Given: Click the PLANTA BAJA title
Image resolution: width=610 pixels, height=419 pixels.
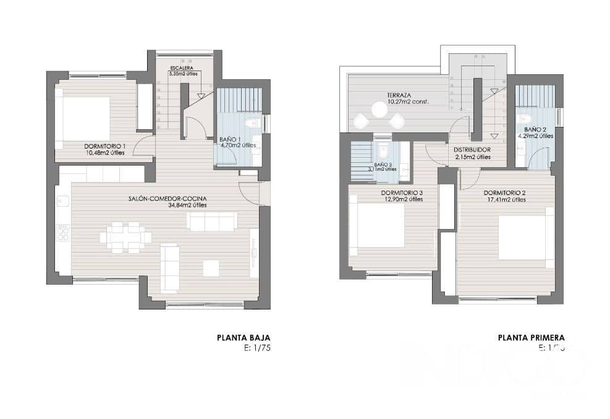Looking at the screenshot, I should click(x=243, y=337).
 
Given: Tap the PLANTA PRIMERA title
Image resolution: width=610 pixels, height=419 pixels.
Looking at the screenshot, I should click(x=531, y=337).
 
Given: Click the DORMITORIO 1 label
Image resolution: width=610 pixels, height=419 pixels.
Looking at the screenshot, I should click(x=104, y=146).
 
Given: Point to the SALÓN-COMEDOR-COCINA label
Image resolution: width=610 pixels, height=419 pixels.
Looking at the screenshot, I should click(x=167, y=199).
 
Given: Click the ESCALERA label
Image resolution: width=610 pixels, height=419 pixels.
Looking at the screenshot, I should click(x=183, y=67).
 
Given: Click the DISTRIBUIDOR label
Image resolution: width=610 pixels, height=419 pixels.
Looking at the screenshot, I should click(x=472, y=150).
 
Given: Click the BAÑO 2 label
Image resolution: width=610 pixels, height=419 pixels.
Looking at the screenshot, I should click(x=527, y=130).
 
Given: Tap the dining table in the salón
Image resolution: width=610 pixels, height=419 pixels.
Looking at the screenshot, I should click(x=125, y=237).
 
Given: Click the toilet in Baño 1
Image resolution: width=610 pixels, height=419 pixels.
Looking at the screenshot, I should click(x=252, y=124).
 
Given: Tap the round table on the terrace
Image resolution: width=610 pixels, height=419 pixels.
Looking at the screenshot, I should click(x=379, y=110).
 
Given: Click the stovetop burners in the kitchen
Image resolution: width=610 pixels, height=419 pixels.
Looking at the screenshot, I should click(x=63, y=233).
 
